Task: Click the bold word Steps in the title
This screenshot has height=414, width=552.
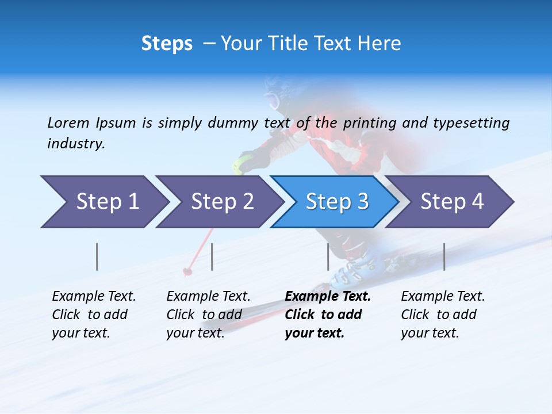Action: [167, 44]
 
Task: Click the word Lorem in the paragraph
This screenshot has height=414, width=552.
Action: [68, 122]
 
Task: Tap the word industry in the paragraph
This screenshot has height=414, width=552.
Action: [76, 143]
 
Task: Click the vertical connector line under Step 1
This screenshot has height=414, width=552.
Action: [97, 256]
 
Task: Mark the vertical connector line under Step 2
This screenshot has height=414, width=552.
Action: [212, 256]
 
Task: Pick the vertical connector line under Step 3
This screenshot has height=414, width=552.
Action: [328, 256]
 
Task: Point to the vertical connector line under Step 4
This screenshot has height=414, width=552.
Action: [444, 256]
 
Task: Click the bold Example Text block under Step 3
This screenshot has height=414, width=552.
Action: [327, 315]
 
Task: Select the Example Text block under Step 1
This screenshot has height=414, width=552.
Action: [94, 315]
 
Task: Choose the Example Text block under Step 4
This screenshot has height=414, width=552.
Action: [443, 315]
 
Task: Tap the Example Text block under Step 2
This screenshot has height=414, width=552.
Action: [208, 315]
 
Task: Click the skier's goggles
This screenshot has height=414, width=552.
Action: [273, 101]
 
